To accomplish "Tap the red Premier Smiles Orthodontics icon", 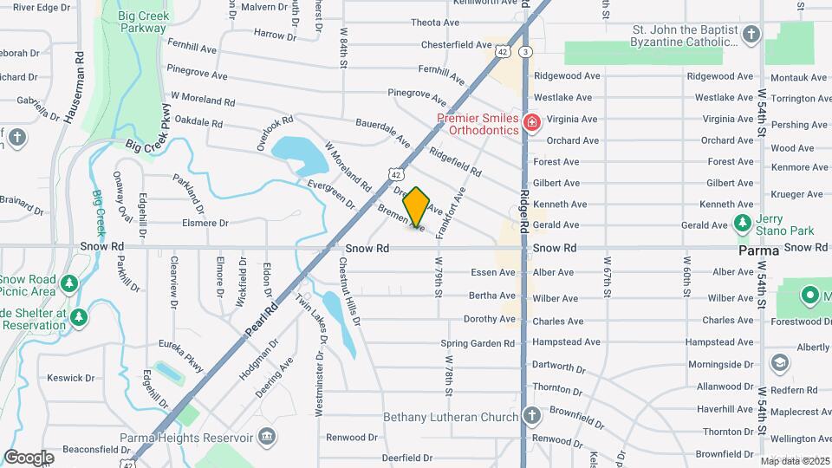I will pos(531,124).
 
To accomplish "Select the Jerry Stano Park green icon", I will pos(742,223).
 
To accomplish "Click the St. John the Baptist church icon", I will pos(751,36).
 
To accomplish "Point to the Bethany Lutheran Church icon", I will pos(531,417).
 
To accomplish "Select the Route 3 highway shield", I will pos(525,53).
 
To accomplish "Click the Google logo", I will pos(29,457).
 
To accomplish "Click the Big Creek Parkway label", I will pos(143,22).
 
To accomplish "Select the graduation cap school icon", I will pos(779,362).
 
